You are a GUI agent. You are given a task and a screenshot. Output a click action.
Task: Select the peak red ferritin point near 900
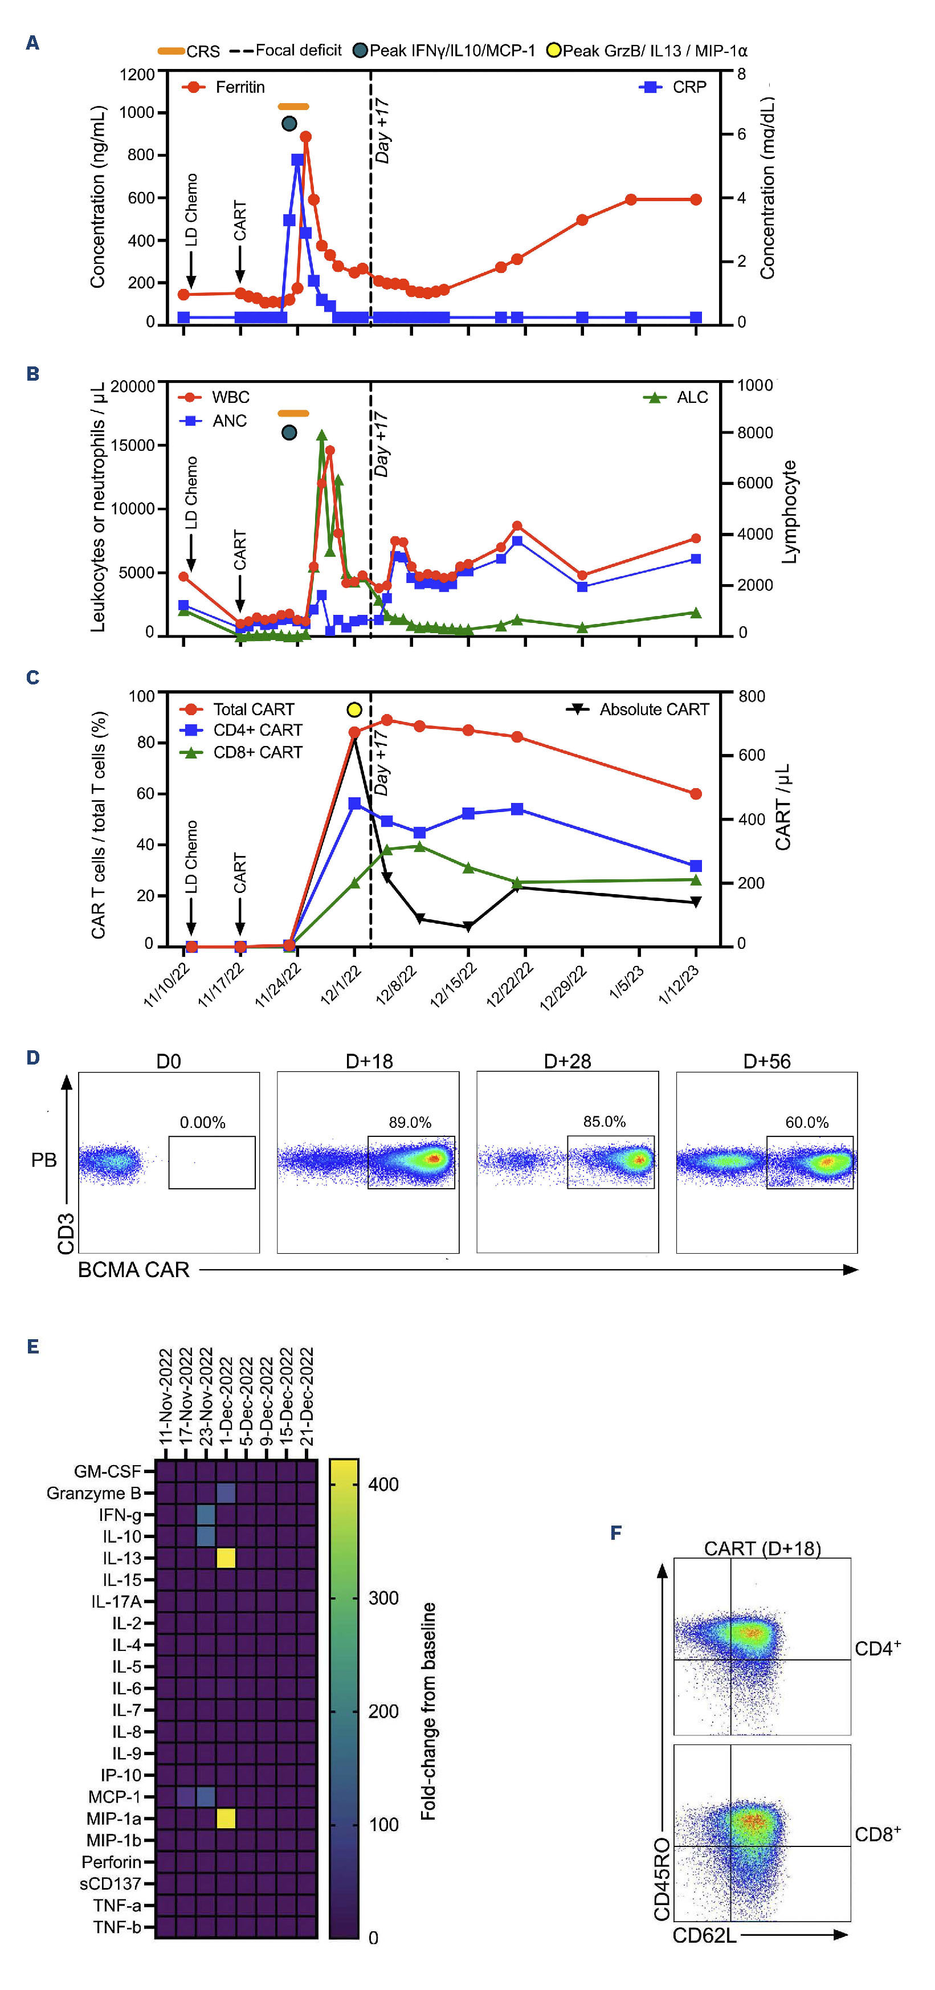(306, 137)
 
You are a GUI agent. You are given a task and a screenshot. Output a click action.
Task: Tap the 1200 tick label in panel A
(137, 75)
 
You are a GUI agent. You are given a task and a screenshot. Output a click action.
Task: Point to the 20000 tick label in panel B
(133, 386)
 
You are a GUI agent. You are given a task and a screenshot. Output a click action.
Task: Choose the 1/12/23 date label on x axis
(679, 985)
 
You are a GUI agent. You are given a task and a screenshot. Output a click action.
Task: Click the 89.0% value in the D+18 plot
(410, 1123)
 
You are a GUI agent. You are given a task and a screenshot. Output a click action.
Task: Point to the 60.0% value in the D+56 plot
(807, 1123)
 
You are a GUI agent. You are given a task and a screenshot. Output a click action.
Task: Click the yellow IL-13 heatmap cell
(226, 1558)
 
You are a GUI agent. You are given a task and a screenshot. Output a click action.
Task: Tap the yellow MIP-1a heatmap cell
(226, 1818)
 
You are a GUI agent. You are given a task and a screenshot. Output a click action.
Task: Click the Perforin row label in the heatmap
(111, 1862)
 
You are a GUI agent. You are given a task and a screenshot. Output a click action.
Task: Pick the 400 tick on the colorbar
(383, 1485)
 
